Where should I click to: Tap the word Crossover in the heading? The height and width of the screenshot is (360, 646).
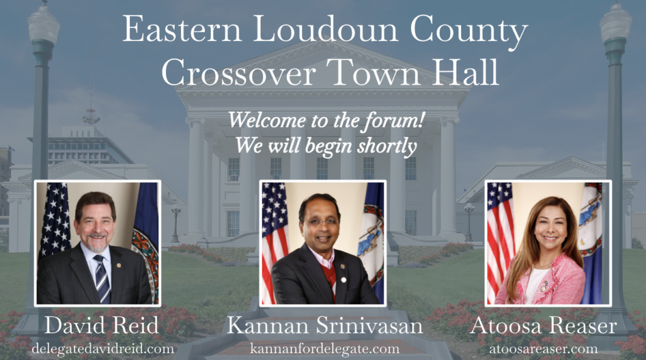238,72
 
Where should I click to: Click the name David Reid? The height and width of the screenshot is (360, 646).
102,325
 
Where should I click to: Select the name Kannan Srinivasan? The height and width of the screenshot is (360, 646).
325,325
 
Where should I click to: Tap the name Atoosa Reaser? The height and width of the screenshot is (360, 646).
543,325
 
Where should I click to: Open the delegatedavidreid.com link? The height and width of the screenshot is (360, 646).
103,349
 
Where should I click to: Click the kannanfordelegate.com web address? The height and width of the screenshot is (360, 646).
325,349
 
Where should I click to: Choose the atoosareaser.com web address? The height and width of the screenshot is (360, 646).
543,349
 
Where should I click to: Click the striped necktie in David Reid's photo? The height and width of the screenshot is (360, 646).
102,279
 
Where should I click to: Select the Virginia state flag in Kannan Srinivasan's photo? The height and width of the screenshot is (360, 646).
372,239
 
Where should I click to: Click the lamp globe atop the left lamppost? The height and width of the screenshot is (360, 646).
43,25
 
